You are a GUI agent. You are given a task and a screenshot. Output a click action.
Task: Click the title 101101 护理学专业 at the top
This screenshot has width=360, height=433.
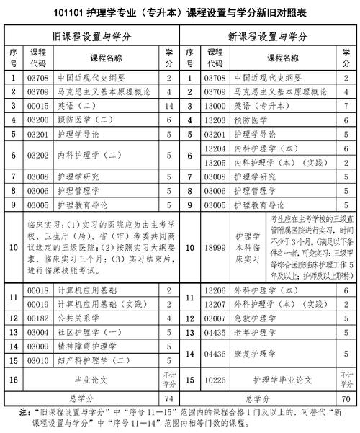pyautogui.click(x=108, y=13)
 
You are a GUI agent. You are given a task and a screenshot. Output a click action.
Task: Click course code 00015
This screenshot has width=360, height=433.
pyautogui.click(x=37, y=105)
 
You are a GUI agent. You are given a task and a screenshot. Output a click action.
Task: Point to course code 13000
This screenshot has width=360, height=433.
pyautogui.click(x=215, y=105)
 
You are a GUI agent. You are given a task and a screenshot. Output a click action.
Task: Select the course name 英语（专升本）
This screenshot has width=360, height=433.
pyautogui.click(x=261, y=105)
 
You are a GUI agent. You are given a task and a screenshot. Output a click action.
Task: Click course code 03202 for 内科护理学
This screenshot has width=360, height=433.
pyautogui.click(x=37, y=155)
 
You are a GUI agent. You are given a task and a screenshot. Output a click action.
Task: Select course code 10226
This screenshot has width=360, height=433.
pyautogui.click(x=215, y=378)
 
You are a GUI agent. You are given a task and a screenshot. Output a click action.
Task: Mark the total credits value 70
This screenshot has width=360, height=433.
pyautogui.click(x=346, y=398)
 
